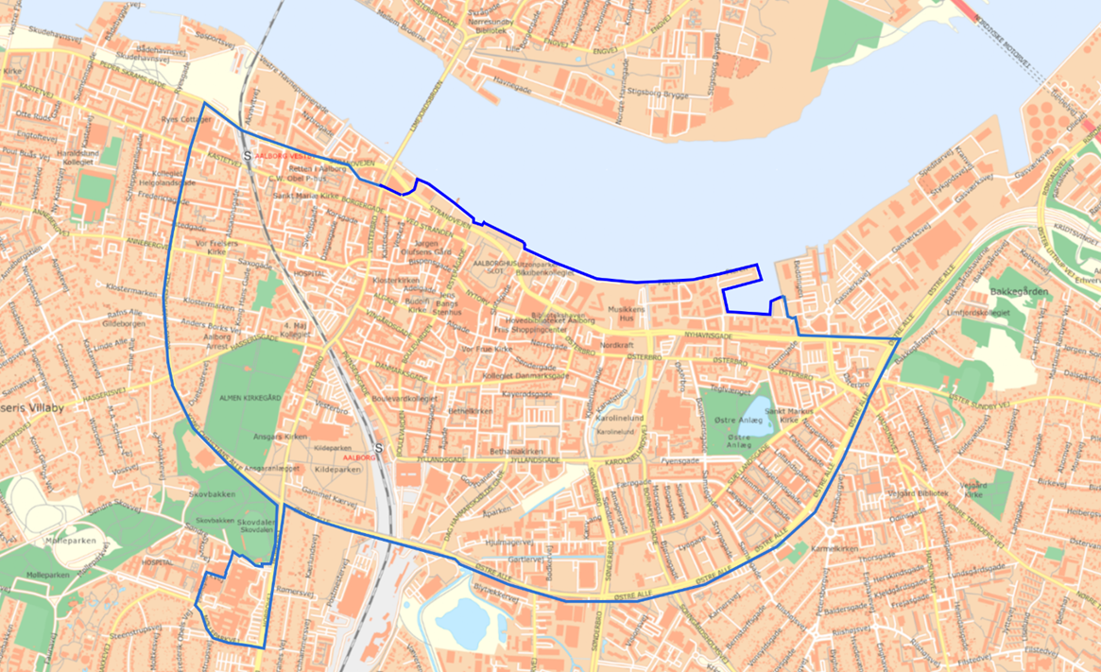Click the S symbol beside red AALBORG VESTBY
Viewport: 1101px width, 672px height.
tap(248, 155)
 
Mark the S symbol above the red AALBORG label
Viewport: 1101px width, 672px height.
tap(378, 448)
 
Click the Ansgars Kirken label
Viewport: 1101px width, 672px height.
tap(281, 437)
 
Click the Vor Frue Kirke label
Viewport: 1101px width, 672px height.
tap(486, 349)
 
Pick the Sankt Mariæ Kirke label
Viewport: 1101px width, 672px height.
tap(304, 196)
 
